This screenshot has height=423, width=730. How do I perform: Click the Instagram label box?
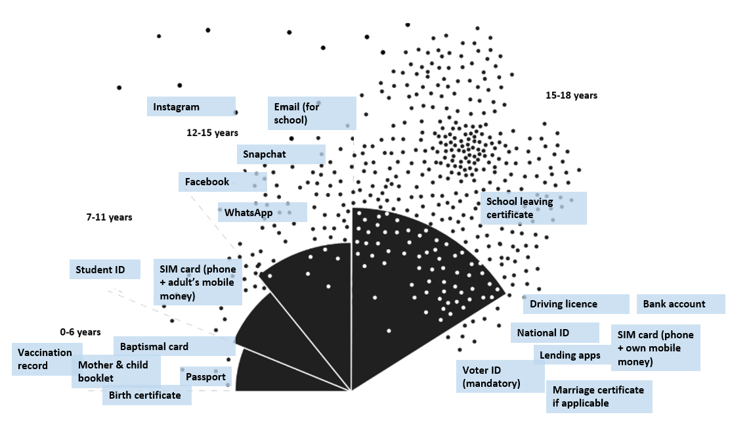[190, 107]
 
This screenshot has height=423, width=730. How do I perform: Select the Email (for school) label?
[312, 113]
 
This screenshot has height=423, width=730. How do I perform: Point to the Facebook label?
[222, 182]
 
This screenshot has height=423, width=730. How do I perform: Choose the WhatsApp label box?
[262, 212]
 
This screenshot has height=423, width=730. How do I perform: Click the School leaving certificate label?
[533, 208]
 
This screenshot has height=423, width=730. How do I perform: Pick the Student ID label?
[105, 269]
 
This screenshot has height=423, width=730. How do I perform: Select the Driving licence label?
[575, 304]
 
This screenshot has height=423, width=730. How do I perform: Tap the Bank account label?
[680, 304]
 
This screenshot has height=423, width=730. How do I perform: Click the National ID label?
[555, 332]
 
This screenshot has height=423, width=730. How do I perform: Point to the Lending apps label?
[570, 355]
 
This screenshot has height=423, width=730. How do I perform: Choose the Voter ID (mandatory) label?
[500, 376]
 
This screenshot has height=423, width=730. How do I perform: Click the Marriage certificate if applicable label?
[599, 397]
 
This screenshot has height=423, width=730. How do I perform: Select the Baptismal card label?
[165, 346]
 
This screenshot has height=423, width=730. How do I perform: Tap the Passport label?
[205, 377]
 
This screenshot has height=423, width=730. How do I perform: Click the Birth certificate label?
[146, 395]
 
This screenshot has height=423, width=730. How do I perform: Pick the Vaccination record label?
[46, 359]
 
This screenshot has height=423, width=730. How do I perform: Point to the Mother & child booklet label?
[116, 371]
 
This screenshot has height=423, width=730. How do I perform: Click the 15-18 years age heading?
[571, 95]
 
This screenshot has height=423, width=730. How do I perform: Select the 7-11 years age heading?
[109, 217]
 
